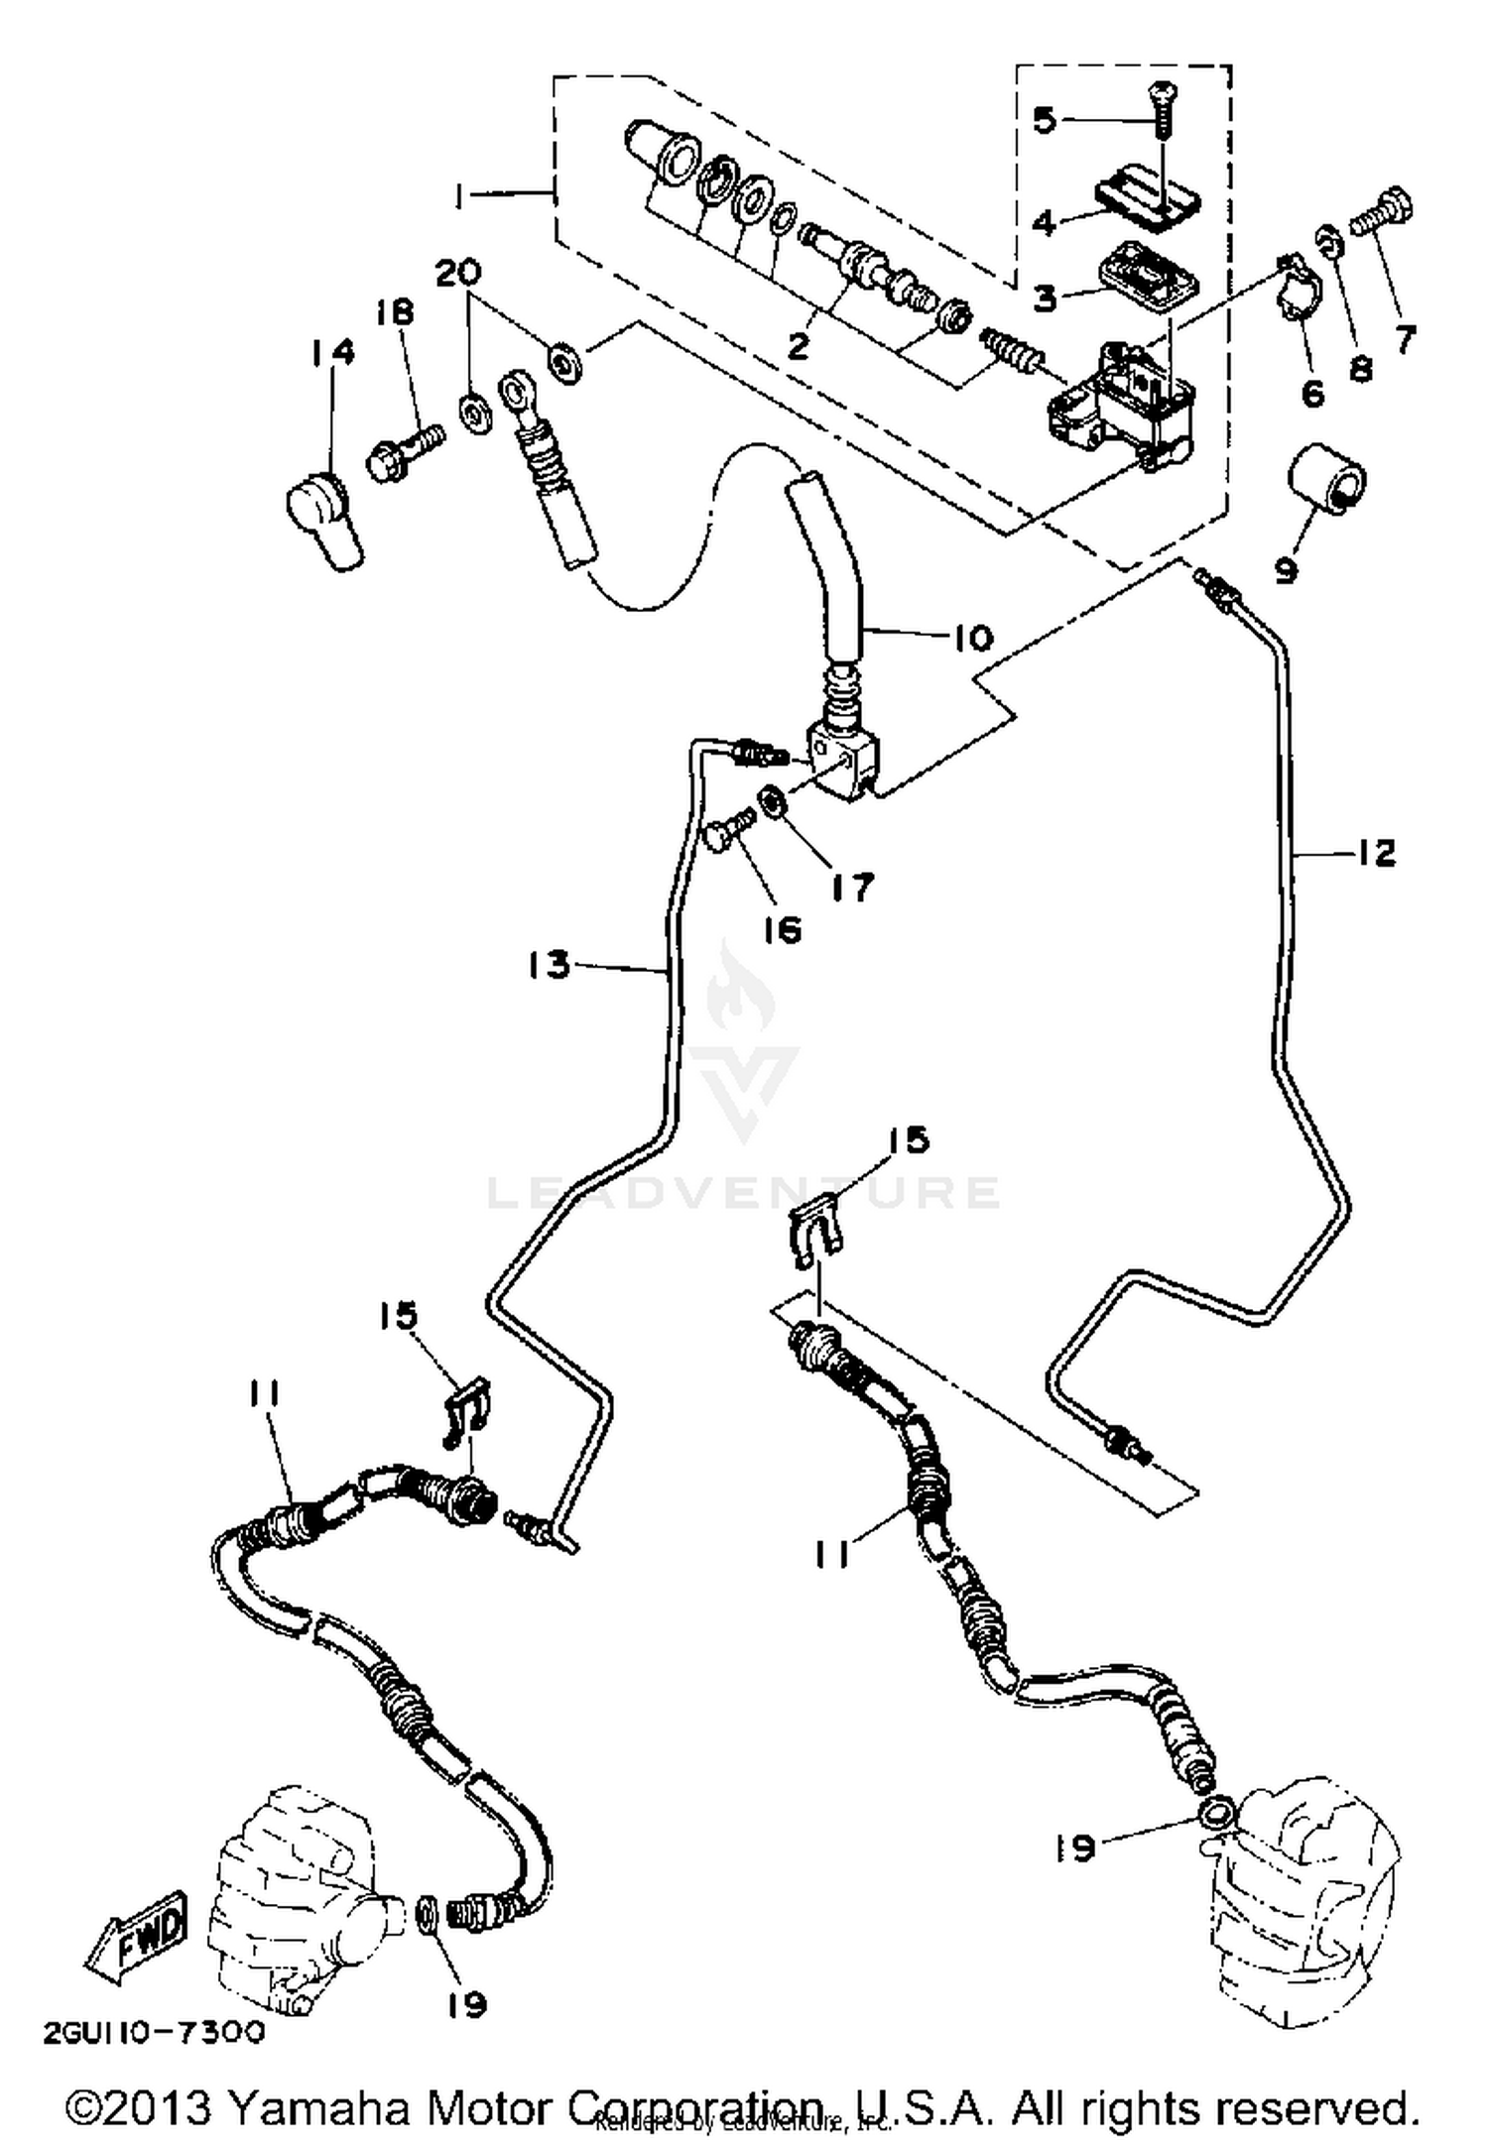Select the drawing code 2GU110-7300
coord(155,2032)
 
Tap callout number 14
coord(331,352)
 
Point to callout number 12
coord(1374,853)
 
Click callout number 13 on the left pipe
coord(550,963)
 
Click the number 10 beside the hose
coord(972,637)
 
